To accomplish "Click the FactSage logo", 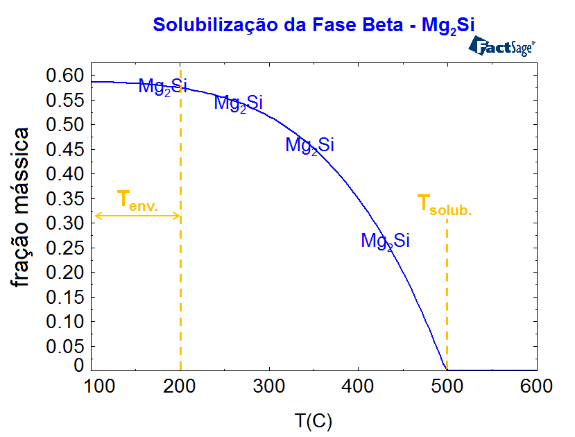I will [502, 46].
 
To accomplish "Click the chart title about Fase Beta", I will [314, 25].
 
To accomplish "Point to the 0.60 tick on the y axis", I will [64, 75].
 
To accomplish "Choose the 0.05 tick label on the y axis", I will [64, 346].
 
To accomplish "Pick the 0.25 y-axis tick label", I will [64, 248].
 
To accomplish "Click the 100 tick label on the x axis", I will [92, 387].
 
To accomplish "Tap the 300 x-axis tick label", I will [269, 387].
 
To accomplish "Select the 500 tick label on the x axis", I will [447, 387].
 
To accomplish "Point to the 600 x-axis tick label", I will [535, 387].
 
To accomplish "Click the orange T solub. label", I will [444, 205].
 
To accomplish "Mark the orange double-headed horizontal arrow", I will [137, 216].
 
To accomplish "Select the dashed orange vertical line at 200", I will [180, 291].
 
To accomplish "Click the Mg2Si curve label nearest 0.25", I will [385, 241].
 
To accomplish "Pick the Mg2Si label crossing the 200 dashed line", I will [163, 86].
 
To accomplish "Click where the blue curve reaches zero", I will [445, 370].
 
